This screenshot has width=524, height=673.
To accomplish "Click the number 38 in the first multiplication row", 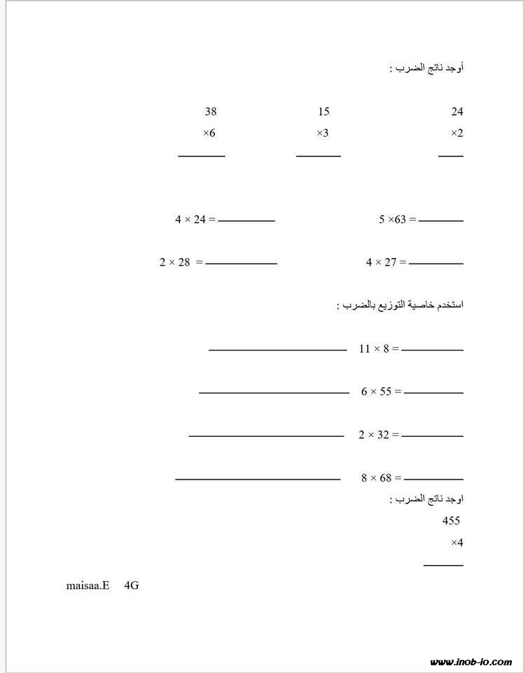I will pyautogui.click(x=211, y=111).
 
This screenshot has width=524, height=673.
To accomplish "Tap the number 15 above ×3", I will pyautogui.click(x=323, y=111).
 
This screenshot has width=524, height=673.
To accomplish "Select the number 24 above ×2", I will pyautogui.click(x=457, y=111).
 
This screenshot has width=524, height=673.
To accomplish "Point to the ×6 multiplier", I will pyautogui.click(x=209, y=133).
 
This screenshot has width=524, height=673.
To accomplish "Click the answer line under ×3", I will pyautogui.click(x=318, y=156).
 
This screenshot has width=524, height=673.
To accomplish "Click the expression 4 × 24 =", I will pyautogui.click(x=195, y=220).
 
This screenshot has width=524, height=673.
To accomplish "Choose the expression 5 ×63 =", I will pyautogui.click(x=398, y=220).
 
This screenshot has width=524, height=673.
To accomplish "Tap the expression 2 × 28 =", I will pyautogui.click(x=181, y=263).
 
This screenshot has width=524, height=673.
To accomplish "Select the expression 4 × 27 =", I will pyautogui.click(x=386, y=263).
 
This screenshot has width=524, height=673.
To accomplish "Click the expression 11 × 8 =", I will pyautogui.click(x=379, y=348).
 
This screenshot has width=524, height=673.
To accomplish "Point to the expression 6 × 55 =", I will pyautogui.click(x=381, y=392).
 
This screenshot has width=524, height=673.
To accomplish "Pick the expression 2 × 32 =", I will pyautogui.click(x=379, y=435).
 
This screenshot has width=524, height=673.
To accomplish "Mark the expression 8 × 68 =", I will pyautogui.click(x=381, y=478).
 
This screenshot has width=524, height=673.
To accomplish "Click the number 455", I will pyautogui.click(x=451, y=521).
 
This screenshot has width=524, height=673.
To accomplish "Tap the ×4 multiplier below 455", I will pyautogui.click(x=457, y=543).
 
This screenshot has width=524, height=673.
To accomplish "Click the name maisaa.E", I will pyautogui.click(x=88, y=585).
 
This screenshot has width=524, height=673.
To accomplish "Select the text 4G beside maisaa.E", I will pyautogui.click(x=131, y=585).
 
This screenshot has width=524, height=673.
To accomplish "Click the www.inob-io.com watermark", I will pyautogui.click(x=471, y=662).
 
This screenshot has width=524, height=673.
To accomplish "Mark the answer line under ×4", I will pyautogui.click(x=443, y=564).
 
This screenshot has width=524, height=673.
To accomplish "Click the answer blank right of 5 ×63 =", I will pyautogui.click(x=441, y=221).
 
